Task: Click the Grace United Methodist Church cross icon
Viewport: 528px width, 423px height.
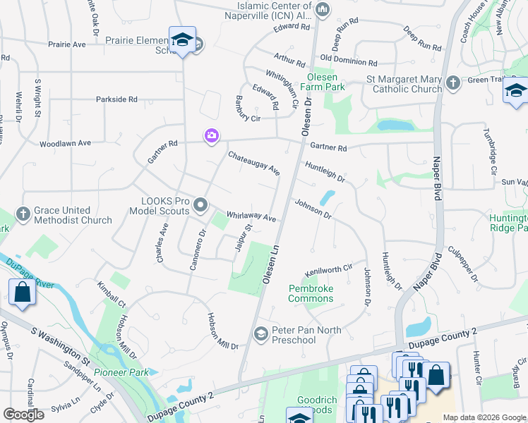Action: tap(23, 213)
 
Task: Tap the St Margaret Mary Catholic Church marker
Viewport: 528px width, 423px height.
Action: tap(453, 83)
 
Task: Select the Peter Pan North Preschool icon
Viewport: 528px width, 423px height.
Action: tap(260, 333)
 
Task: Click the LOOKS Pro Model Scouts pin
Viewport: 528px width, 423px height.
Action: tap(201, 205)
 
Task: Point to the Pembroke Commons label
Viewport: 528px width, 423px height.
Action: tap(311, 293)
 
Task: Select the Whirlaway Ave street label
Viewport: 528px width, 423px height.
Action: tap(251, 216)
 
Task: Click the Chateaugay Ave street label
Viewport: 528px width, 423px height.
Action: tap(253, 163)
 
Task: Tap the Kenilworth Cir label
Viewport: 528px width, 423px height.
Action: tap(328, 270)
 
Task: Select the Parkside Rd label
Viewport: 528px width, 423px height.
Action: tap(116, 99)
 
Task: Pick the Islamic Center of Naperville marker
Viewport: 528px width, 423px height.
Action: tap(323, 9)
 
